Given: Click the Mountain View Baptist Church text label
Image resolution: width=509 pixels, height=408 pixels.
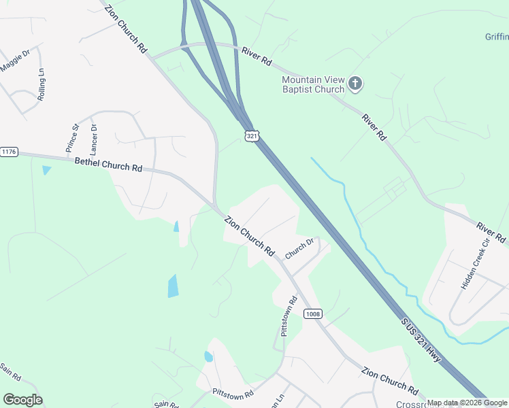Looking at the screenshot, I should point(313,84).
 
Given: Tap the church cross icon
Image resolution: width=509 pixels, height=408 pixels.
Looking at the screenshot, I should point(355,84).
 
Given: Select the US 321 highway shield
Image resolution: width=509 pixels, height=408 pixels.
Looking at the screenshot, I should point(252,137).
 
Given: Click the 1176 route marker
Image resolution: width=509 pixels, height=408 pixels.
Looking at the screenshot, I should point(9,151).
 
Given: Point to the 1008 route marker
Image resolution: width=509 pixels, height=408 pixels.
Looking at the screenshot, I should point(312,313).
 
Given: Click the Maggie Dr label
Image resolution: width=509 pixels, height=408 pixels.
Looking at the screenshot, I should point(16,61).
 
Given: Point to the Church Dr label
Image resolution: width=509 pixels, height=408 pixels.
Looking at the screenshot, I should point(299,248).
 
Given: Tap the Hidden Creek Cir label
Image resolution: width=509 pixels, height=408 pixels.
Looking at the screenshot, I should point(475,265).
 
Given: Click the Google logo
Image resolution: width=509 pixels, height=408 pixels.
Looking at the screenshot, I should point(22,400).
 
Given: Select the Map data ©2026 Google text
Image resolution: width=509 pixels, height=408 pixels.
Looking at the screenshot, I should point(467,403).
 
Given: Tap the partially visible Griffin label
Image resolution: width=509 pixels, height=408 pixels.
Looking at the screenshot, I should point(497,37).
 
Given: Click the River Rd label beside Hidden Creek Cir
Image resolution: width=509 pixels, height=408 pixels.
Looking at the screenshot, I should point(491,233).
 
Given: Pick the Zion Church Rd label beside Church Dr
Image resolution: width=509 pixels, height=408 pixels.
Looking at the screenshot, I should point(249,236).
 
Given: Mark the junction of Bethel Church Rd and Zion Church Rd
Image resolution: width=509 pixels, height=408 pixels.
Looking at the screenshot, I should point(215,207).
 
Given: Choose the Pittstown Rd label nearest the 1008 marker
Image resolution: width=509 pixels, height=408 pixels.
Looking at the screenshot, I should point(289,317).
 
